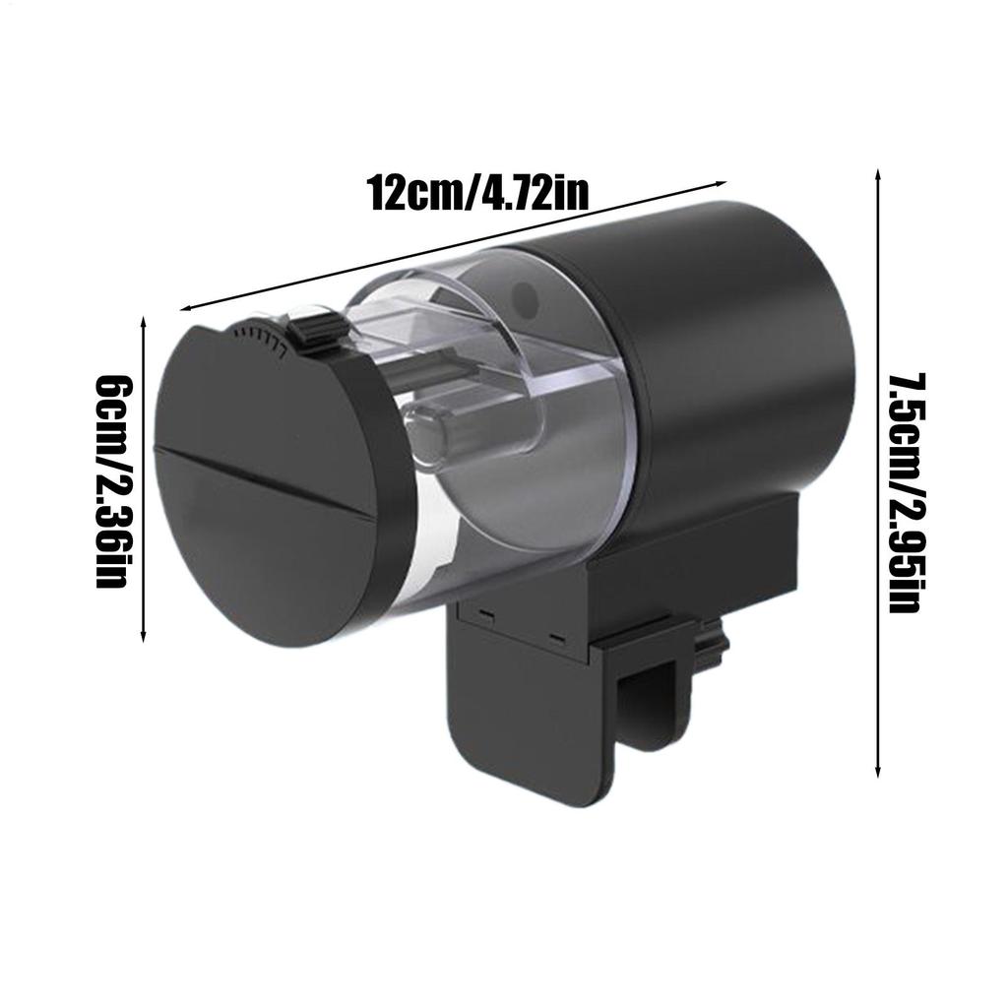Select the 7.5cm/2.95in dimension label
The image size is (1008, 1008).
(x=906, y=492)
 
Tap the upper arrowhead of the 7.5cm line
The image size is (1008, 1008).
(x=877, y=174)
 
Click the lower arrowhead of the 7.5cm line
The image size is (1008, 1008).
(x=877, y=772)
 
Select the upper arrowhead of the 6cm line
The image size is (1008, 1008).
(x=143, y=322)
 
